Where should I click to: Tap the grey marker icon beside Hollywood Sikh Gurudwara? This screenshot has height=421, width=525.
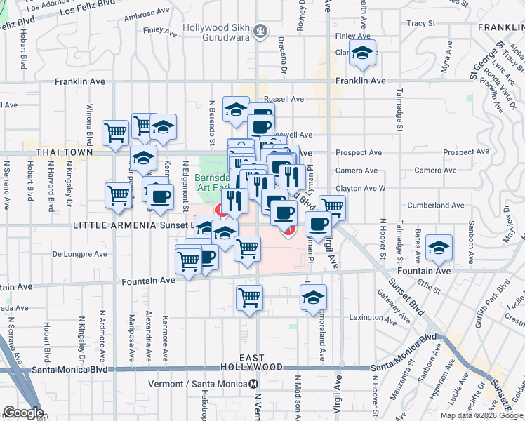[261, 32]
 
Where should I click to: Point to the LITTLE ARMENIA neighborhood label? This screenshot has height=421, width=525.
[105, 225]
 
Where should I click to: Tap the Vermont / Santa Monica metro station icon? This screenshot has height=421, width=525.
[252, 384]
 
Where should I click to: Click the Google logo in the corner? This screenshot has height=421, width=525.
[22, 413]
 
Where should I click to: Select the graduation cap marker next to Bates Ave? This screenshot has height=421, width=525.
[439, 247]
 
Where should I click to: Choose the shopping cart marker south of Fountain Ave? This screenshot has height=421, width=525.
[249, 297]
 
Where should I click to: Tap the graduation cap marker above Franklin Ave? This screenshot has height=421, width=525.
[362, 53]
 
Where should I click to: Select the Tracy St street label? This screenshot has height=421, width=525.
[421, 23]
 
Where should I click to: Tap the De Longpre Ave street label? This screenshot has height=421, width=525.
[79, 254]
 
